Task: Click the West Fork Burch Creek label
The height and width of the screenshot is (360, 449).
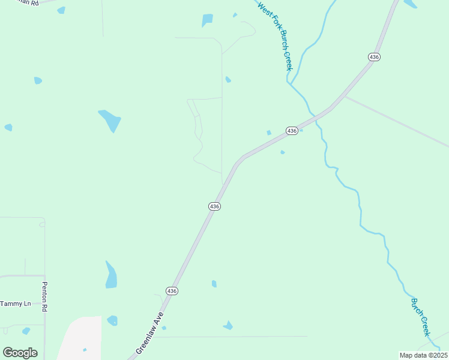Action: pyautogui.click(x=275, y=37)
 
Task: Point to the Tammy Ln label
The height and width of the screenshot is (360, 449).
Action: pyautogui.click(x=16, y=304)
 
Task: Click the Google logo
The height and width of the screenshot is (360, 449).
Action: pyautogui.click(x=20, y=353)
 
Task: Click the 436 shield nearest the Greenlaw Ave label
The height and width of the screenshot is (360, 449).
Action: pyautogui.click(x=172, y=291)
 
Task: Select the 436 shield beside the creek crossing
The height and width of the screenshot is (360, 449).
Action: pyautogui.click(x=292, y=131)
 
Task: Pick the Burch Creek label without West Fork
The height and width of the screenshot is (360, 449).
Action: pyautogui.click(x=421, y=317)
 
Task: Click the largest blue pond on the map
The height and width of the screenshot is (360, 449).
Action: pyautogui.click(x=110, y=120)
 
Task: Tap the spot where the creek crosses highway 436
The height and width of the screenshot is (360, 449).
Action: pyautogui.click(x=313, y=115)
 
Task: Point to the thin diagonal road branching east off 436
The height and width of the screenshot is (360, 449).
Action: pyautogui.click(x=396, y=120)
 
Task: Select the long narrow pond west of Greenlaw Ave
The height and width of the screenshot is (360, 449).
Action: pyautogui.click(x=111, y=275)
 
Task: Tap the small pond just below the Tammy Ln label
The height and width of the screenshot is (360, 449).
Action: pyautogui.click(x=26, y=331)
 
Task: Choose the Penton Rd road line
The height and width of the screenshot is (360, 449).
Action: pyautogui.click(x=45, y=252)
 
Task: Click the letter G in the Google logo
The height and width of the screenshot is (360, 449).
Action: pyautogui.click(x=8, y=353)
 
